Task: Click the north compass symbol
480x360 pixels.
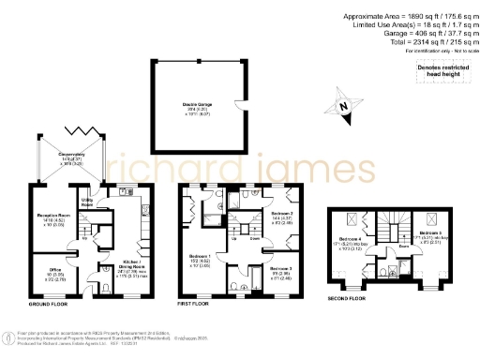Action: [344, 107]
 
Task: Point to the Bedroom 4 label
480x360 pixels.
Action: [348, 246]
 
